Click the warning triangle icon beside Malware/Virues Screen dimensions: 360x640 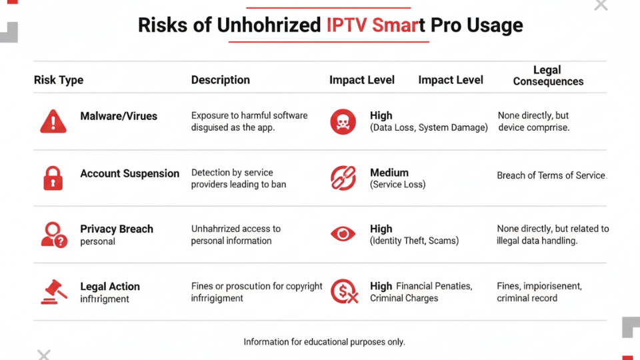53,121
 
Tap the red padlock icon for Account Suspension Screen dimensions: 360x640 53,179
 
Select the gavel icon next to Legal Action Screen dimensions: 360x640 53,291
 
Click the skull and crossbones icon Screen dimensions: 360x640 343,121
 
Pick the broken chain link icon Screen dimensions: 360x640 343,178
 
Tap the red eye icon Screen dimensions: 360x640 343,234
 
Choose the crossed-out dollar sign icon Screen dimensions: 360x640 343,291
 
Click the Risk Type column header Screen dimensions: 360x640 59,80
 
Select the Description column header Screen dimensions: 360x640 220,80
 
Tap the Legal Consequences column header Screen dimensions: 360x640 547,75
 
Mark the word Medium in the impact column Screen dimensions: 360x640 389,173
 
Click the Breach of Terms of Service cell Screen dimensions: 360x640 551,176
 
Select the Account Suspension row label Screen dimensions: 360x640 129,173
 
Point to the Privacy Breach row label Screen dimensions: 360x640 117,229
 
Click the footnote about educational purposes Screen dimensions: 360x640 324,342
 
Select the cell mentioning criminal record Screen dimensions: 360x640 539,292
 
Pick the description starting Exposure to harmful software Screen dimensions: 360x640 249,121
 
